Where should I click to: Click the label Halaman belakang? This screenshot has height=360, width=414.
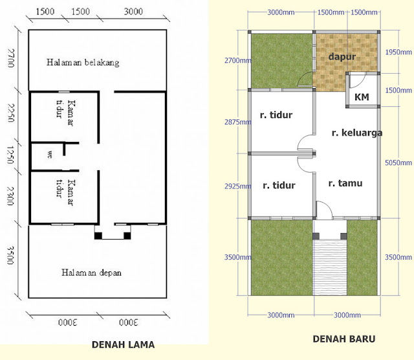[x=82, y=63]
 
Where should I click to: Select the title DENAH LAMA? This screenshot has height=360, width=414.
[x=123, y=344]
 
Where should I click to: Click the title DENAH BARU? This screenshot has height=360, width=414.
[x=343, y=339]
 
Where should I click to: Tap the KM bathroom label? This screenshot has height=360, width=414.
[x=362, y=97]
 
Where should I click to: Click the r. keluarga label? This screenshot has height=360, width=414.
[x=356, y=133]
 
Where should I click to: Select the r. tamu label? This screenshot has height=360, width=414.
[x=345, y=183]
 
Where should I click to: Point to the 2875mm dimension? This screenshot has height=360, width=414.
[x=235, y=122]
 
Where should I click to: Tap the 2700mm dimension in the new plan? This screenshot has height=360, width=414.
[x=235, y=61]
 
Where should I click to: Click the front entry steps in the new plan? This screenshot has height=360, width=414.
[x=331, y=265]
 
